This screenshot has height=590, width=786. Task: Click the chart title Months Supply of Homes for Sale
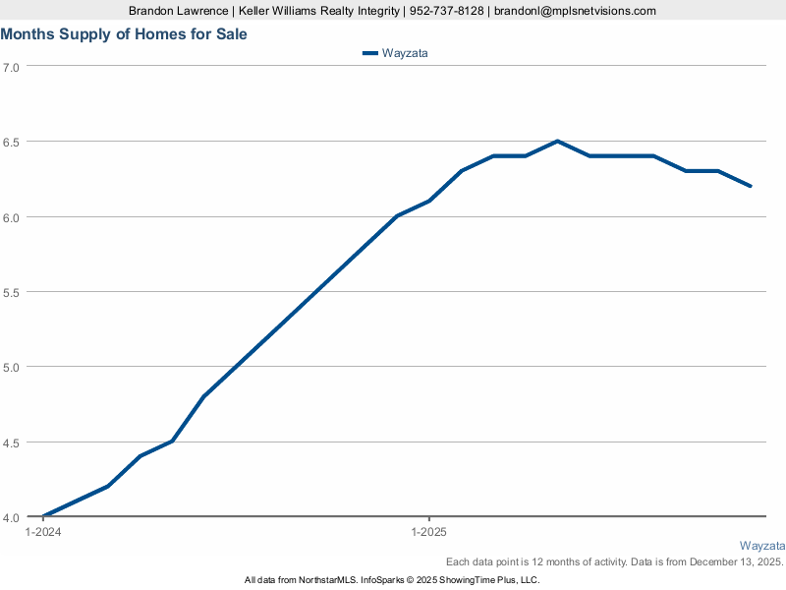click(124, 34)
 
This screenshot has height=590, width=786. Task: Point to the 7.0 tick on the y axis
click(12, 67)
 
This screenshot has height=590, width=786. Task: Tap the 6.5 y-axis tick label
click(12, 142)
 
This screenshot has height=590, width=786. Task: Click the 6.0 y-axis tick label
click(12, 216)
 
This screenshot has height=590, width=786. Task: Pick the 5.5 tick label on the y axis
click(12, 292)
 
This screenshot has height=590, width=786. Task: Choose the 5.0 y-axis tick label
click(12, 367)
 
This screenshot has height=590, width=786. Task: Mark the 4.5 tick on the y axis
click(12, 442)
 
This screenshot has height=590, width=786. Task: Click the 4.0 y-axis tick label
click(12, 517)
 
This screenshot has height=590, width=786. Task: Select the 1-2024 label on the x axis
click(42, 532)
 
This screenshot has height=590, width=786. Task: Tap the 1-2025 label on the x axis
click(428, 532)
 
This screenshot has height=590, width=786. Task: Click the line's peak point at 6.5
click(557, 141)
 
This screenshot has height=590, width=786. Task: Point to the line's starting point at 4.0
click(43, 516)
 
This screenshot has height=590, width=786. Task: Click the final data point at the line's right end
click(751, 186)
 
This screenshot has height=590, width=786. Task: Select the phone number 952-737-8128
click(446, 11)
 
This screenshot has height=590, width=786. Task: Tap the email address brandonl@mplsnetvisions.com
click(575, 11)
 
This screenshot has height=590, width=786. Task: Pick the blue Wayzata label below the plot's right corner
click(761, 546)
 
